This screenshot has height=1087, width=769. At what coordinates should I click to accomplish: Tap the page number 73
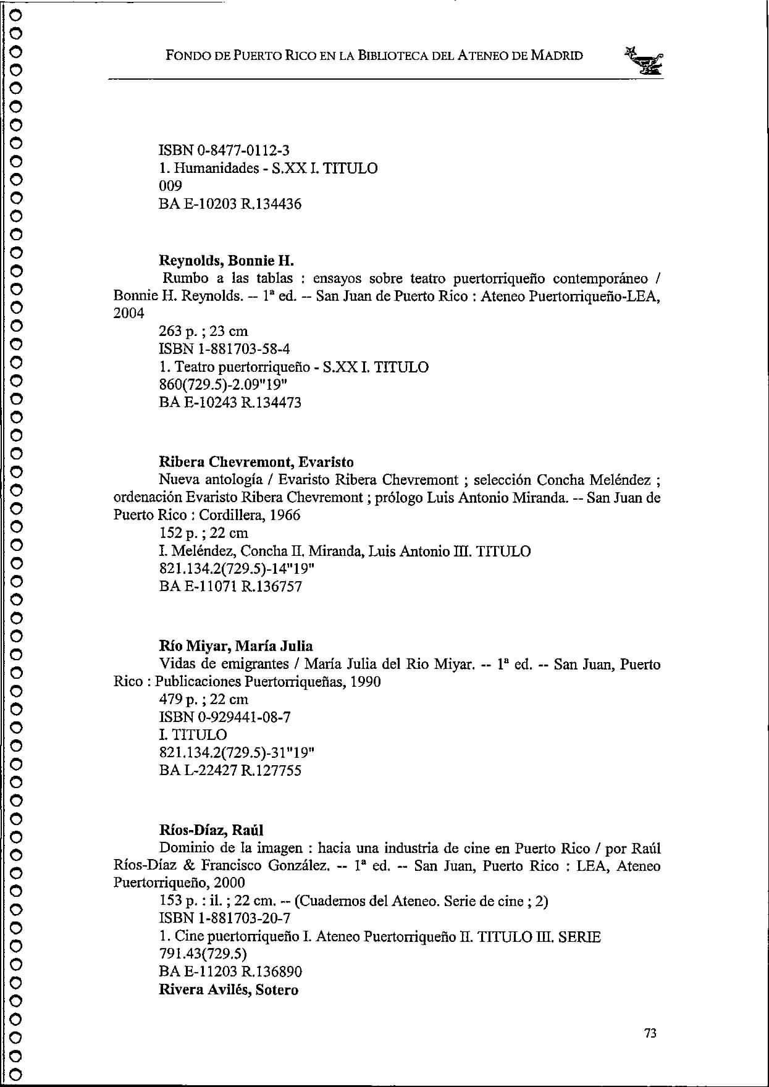click(x=650, y=1033)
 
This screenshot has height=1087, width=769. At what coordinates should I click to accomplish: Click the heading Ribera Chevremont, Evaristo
click(x=256, y=462)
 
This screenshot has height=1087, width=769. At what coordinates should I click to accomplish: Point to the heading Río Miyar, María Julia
click(x=236, y=646)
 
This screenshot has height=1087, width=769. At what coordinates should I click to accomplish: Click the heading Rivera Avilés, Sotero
click(x=229, y=989)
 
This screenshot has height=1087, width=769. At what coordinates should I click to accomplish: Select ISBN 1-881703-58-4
click(x=224, y=349)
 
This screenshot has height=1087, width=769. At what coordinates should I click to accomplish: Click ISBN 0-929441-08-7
click(x=225, y=717)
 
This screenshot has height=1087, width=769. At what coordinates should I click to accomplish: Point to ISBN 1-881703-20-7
click(x=224, y=918)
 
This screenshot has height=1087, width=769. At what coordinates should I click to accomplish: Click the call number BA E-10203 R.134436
click(x=230, y=204)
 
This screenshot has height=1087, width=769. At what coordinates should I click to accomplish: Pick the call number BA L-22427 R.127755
click(x=230, y=770)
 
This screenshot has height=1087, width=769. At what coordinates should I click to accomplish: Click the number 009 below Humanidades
click(x=170, y=186)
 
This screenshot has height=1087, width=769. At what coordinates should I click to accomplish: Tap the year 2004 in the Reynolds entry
click(x=129, y=314)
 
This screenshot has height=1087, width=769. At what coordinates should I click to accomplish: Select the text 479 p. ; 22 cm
click(x=204, y=699)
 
